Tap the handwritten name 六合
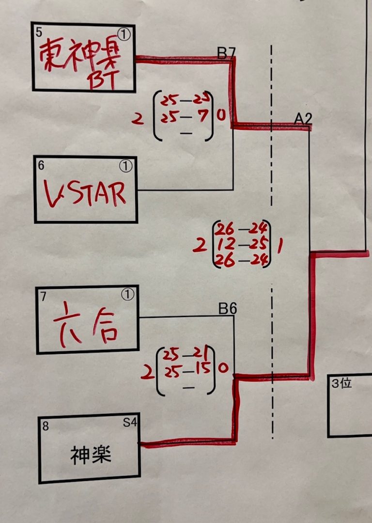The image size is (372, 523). (85, 327)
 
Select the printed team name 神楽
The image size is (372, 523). (91, 456)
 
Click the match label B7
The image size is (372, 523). (225, 53)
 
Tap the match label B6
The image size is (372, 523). (227, 309)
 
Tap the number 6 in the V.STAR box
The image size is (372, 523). (41, 165)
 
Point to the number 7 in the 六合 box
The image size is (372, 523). (44, 296)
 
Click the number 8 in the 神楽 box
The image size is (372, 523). (46, 426)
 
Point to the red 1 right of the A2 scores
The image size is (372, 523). (280, 246)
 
